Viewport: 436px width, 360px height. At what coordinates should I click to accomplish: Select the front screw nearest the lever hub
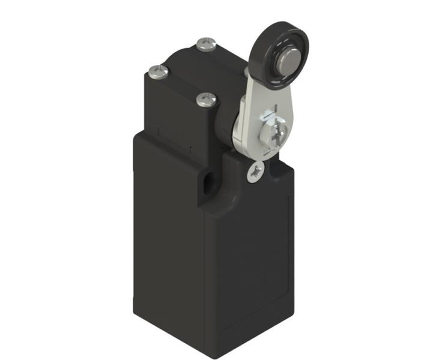point(207,97)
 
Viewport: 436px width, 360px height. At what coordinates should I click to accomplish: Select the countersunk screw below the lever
point(256,172)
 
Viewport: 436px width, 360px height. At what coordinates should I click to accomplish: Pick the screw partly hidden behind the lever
point(249,73)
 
